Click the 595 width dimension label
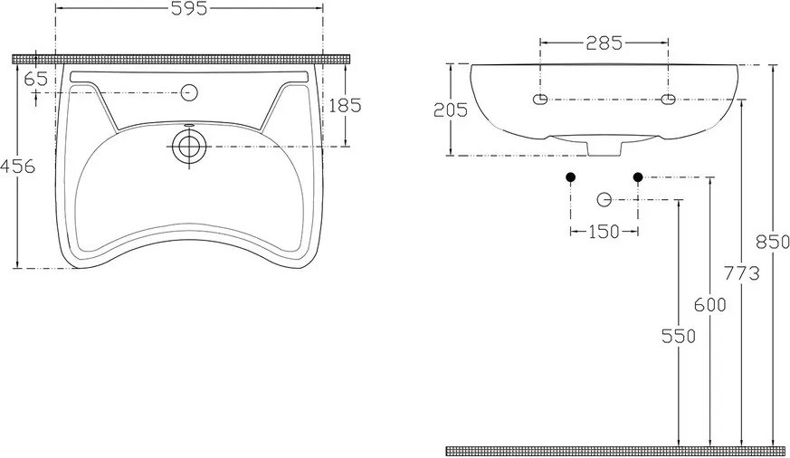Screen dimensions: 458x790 coord(190,9)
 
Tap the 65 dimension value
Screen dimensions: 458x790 coord(35,79)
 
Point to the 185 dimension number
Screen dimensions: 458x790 coord(344,105)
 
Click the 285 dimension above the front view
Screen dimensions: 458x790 coord(604,42)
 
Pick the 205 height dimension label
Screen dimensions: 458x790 coord(450,110)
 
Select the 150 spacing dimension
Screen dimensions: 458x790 coord(603,232)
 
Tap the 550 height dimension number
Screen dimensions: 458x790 coord(678,336)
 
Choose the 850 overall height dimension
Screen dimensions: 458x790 coord(772,243)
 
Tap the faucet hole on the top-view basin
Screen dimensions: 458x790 coord(189,91)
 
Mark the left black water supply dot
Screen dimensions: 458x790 coord(570,177)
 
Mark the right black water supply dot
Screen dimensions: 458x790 coord(638,177)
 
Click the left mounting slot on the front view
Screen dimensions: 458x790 coord(541,99)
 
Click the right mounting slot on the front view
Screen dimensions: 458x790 coord(669,99)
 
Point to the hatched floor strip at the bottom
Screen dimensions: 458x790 coord(615,450)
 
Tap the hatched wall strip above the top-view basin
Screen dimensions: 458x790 coord(181,58)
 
